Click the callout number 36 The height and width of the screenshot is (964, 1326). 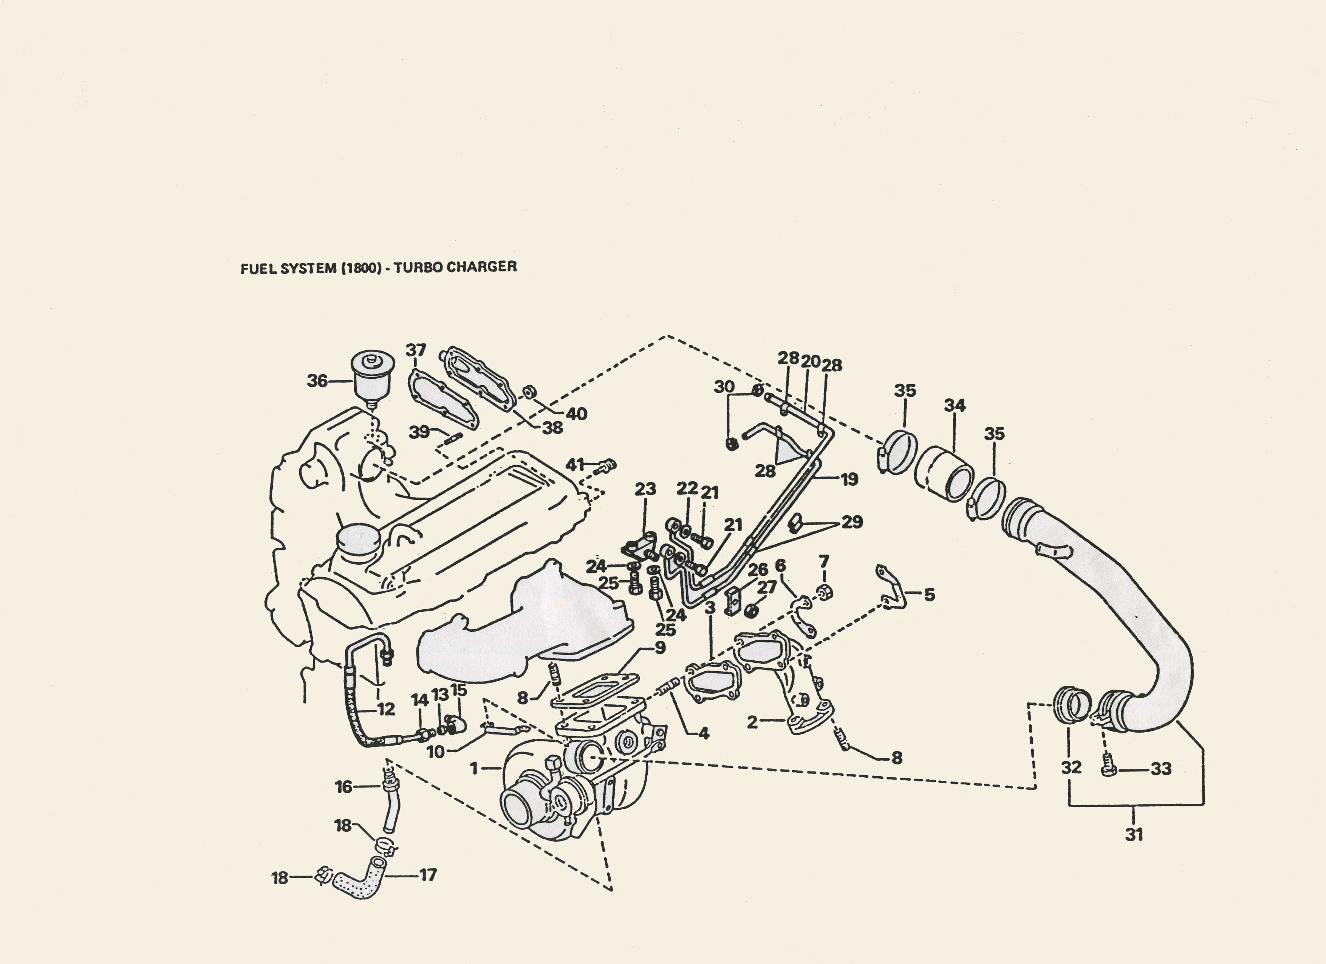(x=317, y=381)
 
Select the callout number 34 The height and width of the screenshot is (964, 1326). (x=955, y=405)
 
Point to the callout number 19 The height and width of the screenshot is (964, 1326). (x=849, y=479)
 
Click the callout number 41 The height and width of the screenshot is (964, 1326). (x=575, y=465)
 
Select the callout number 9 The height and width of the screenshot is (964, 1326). (x=660, y=648)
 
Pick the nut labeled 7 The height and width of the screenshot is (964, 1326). (x=825, y=592)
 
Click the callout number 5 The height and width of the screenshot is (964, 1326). (x=929, y=595)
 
